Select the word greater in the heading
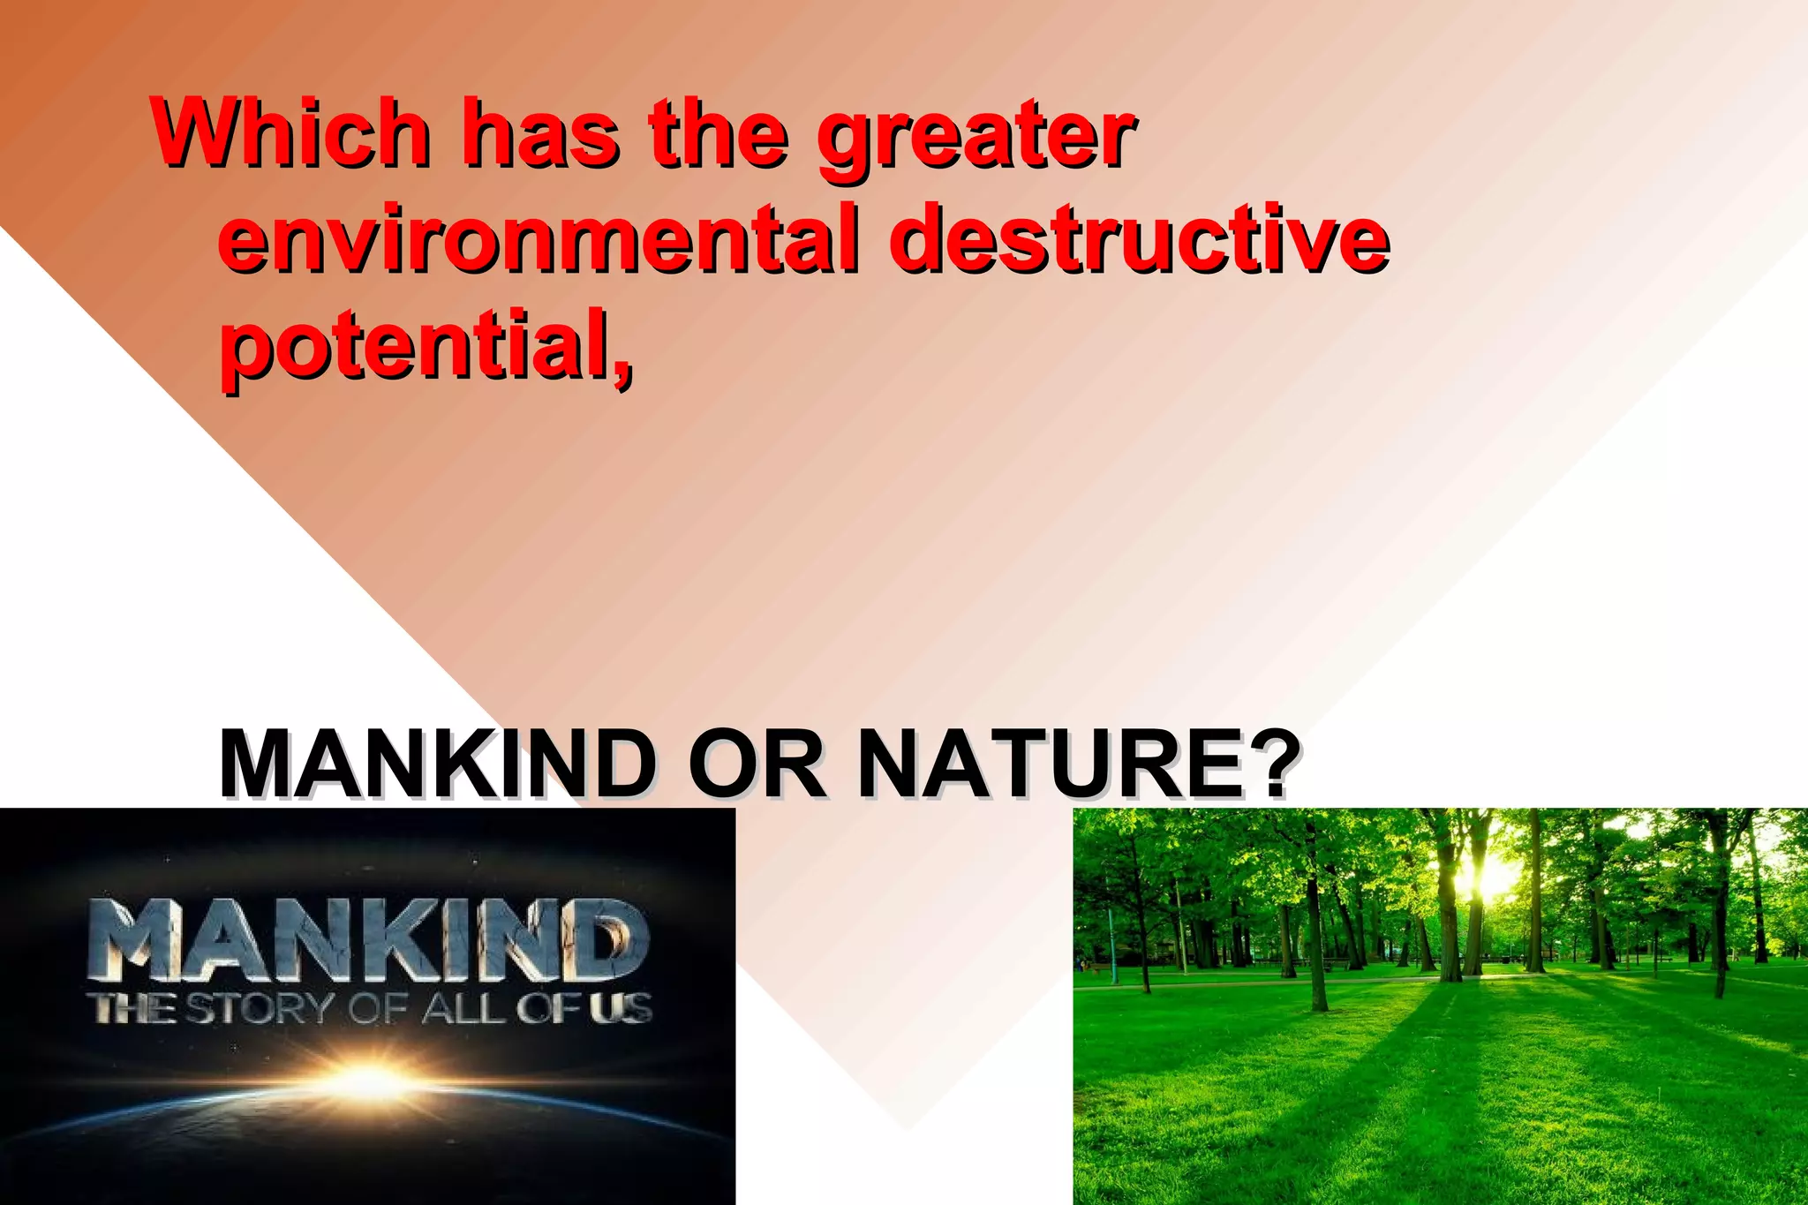[976, 137]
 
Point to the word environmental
[538, 238]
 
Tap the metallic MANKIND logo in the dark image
[370, 940]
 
